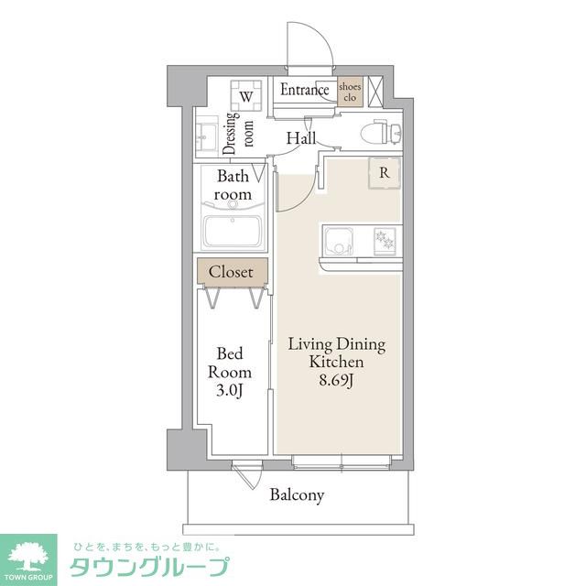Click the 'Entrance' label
[304, 90]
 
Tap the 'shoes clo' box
[350, 92]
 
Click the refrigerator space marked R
[384, 172]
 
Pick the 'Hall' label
[300, 138]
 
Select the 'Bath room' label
[233, 185]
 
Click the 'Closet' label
[232, 272]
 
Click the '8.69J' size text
[336, 380]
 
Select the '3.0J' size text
[229, 391]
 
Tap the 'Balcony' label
[297, 495]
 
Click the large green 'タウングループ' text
[148, 566]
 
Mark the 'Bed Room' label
[229, 362]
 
